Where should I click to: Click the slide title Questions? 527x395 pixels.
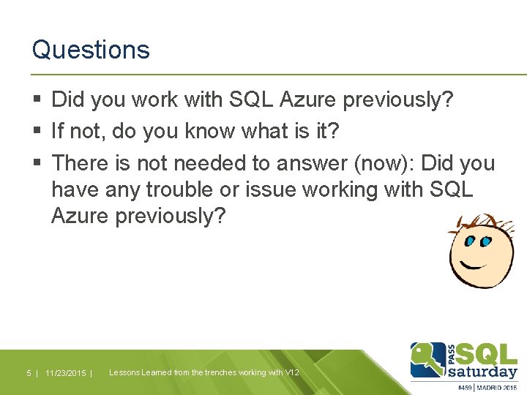tap(91, 50)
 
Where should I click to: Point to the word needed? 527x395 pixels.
tap(204, 163)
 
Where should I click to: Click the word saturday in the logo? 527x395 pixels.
tap(482, 371)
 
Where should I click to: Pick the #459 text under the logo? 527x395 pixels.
tap(465, 388)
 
